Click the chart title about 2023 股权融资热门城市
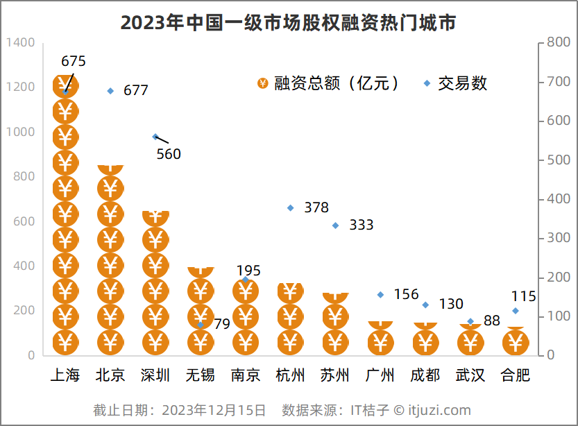tap(289, 23)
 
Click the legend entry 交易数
tap(462, 84)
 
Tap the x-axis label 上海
tap(65, 375)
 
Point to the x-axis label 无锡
tap(200, 375)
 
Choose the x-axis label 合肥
tap(516, 375)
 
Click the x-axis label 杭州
tap(290, 375)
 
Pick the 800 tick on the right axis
tap(559, 42)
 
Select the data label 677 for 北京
tap(136, 90)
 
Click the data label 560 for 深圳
tap(169, 154)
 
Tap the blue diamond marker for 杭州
tap(290, 207)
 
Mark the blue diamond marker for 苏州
tap(335, 225)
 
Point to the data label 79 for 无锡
tap(221, 324)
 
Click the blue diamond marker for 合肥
tap(516, 311)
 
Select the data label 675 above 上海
tap(74, 62)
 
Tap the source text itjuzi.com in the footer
tap(439, 410)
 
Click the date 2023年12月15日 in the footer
tap(214, 410)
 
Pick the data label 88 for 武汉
tap(492, 321)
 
